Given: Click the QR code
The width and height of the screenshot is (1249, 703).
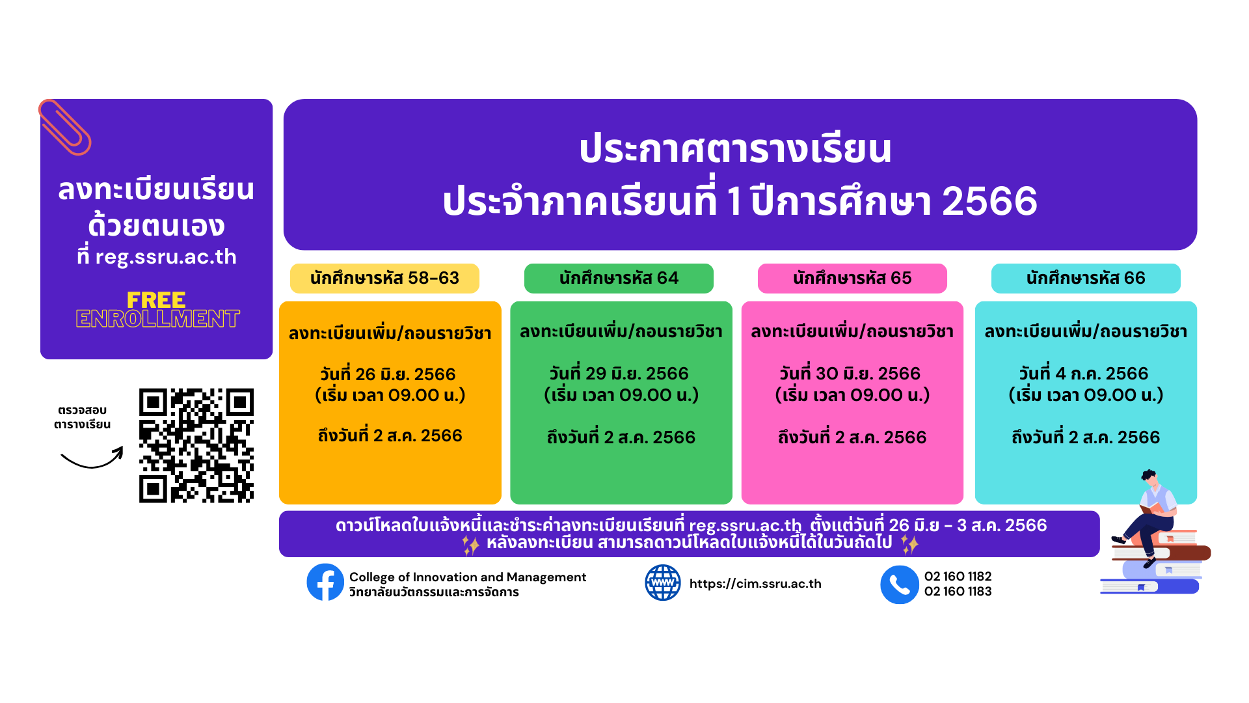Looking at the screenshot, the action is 196,446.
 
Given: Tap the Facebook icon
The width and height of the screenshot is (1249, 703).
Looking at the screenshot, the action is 325,582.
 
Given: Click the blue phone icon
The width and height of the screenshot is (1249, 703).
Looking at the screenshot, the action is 900,585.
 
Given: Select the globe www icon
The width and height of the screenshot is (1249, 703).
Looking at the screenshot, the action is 663,583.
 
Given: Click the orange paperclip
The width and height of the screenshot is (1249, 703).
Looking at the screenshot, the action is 64,128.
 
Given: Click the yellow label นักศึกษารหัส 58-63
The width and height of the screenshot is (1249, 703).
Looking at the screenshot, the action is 384,279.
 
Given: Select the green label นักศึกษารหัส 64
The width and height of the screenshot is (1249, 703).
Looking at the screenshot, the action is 619,279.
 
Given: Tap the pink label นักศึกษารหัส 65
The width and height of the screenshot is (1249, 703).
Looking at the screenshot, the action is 852,279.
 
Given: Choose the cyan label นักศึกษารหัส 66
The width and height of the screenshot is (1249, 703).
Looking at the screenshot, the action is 1086,279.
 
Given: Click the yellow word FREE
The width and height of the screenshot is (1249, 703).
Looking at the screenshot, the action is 156,300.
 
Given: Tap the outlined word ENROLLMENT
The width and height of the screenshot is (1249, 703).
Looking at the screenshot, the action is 157,318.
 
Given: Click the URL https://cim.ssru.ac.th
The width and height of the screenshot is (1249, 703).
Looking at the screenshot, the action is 755,584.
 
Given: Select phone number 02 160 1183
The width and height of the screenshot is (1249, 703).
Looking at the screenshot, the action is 958,592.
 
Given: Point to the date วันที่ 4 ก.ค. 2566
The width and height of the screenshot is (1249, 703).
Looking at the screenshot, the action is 1084,374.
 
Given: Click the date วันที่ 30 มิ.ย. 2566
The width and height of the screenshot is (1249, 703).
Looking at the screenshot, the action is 850,374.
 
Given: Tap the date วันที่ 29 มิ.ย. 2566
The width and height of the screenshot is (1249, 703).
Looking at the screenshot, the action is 619,374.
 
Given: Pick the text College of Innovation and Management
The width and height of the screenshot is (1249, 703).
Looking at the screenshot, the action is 468,577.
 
